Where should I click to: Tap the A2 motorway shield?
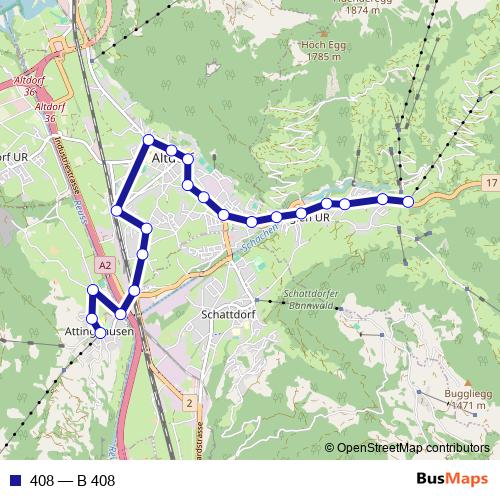[106, 264]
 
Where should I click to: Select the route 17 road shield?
[488, 183]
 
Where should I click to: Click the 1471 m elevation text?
[466, 407]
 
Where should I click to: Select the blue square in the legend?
[13, 481]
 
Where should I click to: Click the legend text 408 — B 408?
[73, 481]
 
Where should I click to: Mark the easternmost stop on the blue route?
[408, 202]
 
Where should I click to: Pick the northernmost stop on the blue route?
[148, 139]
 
